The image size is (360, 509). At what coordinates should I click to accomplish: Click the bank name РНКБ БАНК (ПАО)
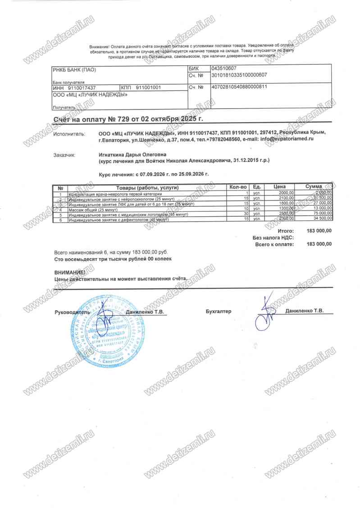tap(74, 69)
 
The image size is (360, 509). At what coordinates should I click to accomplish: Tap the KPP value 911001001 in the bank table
tap(148, 87)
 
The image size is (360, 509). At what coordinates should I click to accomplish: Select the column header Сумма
tap(313, 186)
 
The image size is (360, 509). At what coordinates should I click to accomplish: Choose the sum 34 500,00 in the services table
tap(322, 219)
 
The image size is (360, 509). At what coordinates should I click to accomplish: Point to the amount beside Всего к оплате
tap(319, 244)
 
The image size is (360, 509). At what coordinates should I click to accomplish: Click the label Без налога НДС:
tap(273, 237)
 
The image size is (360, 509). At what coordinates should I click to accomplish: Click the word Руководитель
tap(72, 312)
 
